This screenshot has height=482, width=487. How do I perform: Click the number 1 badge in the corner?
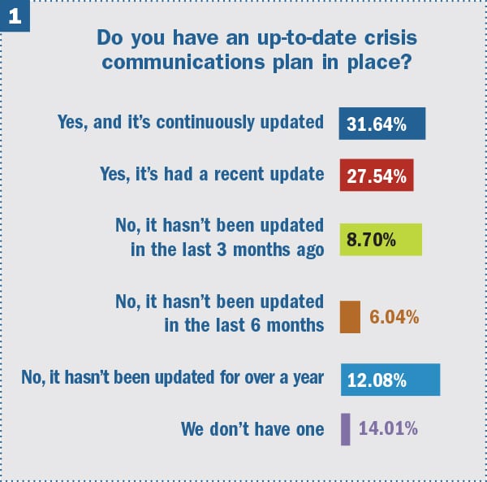pyautogui.click(x=15, y=15)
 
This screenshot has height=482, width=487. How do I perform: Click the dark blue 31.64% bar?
pyautogui.click(x=382, y=124)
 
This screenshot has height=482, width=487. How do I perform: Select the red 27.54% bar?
pyautogui.click(x=377, y=175)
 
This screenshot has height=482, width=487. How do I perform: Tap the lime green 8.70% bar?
pyautogui.click(x=381, y=240)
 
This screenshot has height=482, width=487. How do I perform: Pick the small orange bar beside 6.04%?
pyautogui.click(x=350, y=317)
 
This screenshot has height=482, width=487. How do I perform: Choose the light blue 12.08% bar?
pyautogui.click(x=390, y=380)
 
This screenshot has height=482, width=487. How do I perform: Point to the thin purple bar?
pyautogui.click(x=346, y=429)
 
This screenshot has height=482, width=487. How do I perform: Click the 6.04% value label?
pyautogui.click(x=394, y=317)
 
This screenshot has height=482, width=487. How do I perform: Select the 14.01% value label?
pyautogui.click(x=388, y=428)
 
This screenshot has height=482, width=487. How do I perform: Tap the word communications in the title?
pyautogui.click(x=183, y=63)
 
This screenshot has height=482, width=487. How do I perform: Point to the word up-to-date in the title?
pyautogui.click(x=307, y=38)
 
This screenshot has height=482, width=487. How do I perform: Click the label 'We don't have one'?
pyautogui.click(x=252, y=429)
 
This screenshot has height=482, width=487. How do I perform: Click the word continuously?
pyautogui.click(x=205, y=122)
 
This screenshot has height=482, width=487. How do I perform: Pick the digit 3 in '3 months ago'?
pyautogui.click(x=222, y=250)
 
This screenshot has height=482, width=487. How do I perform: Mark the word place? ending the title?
pyautogui.click(x=379, y=63)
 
